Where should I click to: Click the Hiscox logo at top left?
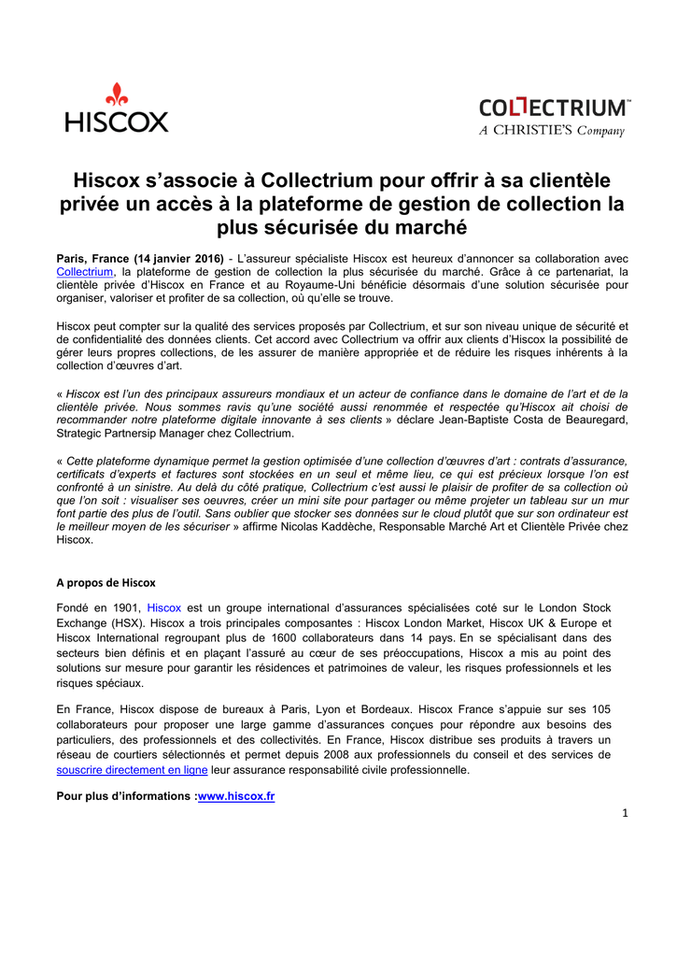(x=117, y=108)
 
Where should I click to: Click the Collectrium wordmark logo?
(x=554, y=108)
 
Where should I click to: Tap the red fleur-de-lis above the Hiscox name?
(x=117, y=93)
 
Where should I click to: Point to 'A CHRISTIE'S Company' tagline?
(x=551, y=131)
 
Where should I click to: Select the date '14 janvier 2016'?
(x=178, y=258)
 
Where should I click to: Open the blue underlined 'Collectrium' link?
(x=85, y=271)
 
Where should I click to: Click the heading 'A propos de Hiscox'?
(x=106, y=583)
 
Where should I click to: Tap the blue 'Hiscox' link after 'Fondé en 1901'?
(x=164, y=607)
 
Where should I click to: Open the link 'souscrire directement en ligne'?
(x=132, y=770)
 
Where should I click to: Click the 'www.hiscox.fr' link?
(x=236, y=796)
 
